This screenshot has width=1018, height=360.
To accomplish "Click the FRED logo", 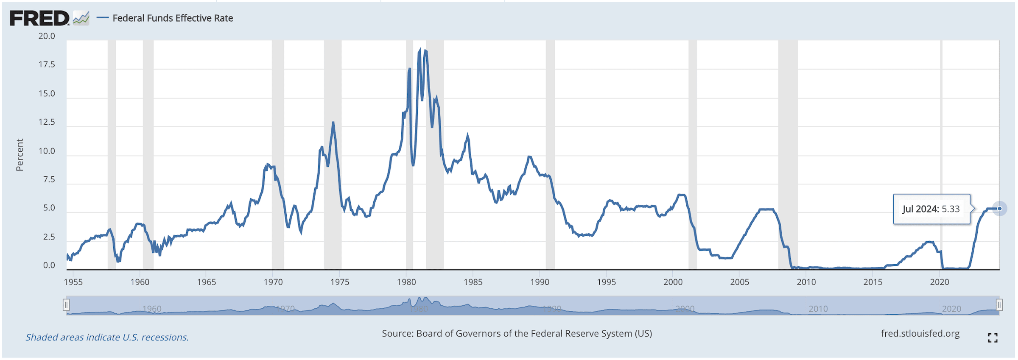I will pos(39,18).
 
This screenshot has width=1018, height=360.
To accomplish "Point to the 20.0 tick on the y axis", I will pos(47,36).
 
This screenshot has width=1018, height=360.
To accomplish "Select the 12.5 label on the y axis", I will pos(47,122).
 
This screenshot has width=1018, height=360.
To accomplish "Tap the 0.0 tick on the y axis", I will pos(49,265).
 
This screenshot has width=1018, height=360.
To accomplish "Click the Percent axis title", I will pos(20,155).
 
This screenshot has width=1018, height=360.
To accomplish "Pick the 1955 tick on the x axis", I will pos(73,282).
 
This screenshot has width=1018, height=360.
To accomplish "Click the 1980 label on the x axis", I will pos(406,282).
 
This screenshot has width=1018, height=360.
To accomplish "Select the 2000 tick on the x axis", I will pos(673,282).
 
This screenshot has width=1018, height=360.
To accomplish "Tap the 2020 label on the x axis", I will pos(939,282).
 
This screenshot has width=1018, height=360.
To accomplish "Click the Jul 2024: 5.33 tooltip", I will pos(931,209).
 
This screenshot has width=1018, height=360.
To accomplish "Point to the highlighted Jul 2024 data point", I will pos(999,209).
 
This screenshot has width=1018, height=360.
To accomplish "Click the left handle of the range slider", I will pos(66,305).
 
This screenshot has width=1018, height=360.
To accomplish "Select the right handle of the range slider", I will pos(999,305).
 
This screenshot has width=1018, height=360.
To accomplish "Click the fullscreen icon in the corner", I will pos(993,338).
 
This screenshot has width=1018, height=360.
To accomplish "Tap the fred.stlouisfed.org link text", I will pos(920,334).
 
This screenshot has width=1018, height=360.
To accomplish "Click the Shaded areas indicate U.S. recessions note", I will pos(107,337).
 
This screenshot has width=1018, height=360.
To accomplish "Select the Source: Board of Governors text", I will pos(517,334).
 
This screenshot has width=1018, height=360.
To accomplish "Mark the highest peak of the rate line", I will pos(420,49).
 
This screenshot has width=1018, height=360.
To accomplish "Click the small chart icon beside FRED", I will pos(81,18).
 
